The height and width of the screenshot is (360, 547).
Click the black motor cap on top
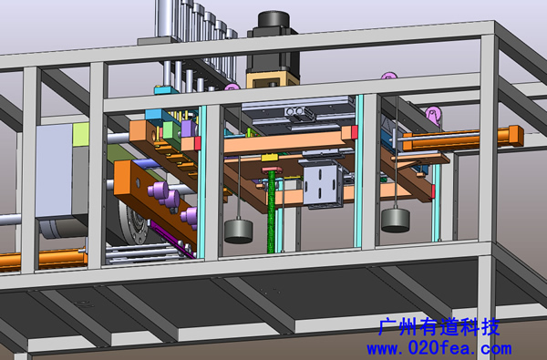[x=273, y=19]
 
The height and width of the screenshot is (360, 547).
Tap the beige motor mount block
[x=273, y=79]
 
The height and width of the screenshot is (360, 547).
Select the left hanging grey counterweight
[x=238, y=231]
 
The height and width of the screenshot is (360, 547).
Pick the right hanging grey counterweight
[x=396, y=220]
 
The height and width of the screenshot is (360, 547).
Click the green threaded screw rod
[x=271, y=212]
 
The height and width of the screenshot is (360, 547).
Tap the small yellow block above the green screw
[x=270, y=158]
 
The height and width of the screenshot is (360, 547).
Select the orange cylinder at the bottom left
[x=43, y=260]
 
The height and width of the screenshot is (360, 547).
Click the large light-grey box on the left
[x=55, y=170]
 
